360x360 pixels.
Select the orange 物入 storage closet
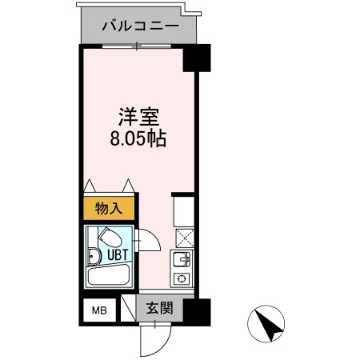pos(109,210)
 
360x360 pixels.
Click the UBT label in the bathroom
pos(110,258)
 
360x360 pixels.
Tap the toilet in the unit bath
pos(109,238)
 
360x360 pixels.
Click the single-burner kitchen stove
pos(182,279)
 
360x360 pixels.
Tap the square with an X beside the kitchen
pos(182,236)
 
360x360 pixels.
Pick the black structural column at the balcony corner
pos(196,58)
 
